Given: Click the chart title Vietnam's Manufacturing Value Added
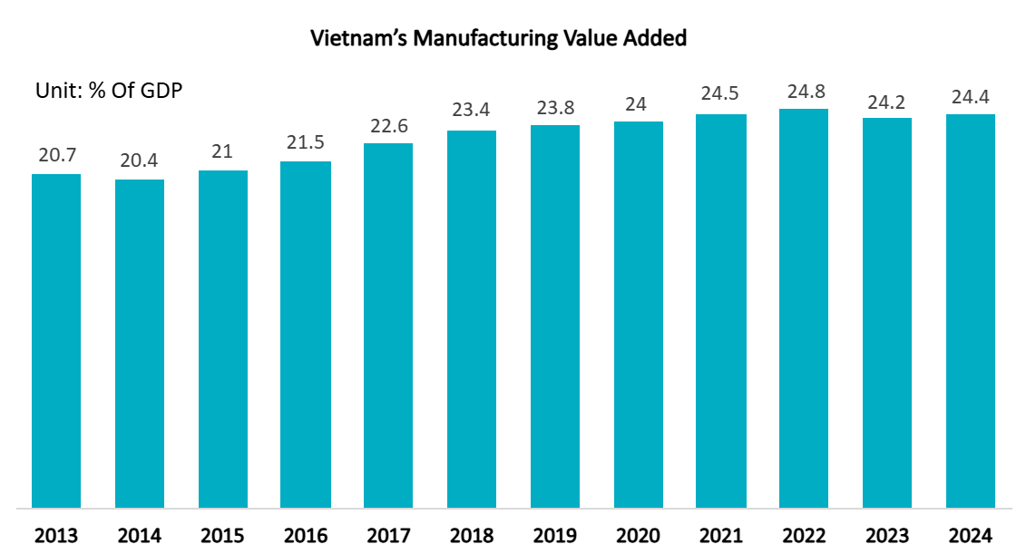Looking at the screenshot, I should (498, 38).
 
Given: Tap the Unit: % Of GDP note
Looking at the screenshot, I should (109, 91).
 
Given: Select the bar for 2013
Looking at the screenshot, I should (56, 340).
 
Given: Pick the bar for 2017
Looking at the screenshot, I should (388, 325).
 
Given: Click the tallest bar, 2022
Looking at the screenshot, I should (804, 308).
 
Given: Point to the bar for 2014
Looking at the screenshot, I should (140, 343).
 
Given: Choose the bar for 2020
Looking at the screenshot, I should (638, 314).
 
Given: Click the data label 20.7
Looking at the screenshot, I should (56, 155).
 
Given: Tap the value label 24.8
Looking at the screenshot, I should (804, 91).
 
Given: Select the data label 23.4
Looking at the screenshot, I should (472, 112).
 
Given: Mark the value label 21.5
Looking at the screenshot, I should (306, 143).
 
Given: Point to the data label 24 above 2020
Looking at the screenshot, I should (638, 103).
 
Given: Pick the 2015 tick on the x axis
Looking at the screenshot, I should (223, 535).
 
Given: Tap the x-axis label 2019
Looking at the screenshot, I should (554, 535).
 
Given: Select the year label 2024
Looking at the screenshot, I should (970, 535).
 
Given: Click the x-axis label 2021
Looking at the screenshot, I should (720, 535).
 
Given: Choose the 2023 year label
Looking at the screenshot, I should (886, 535).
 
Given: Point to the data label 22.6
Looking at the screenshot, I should (388, 124).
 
